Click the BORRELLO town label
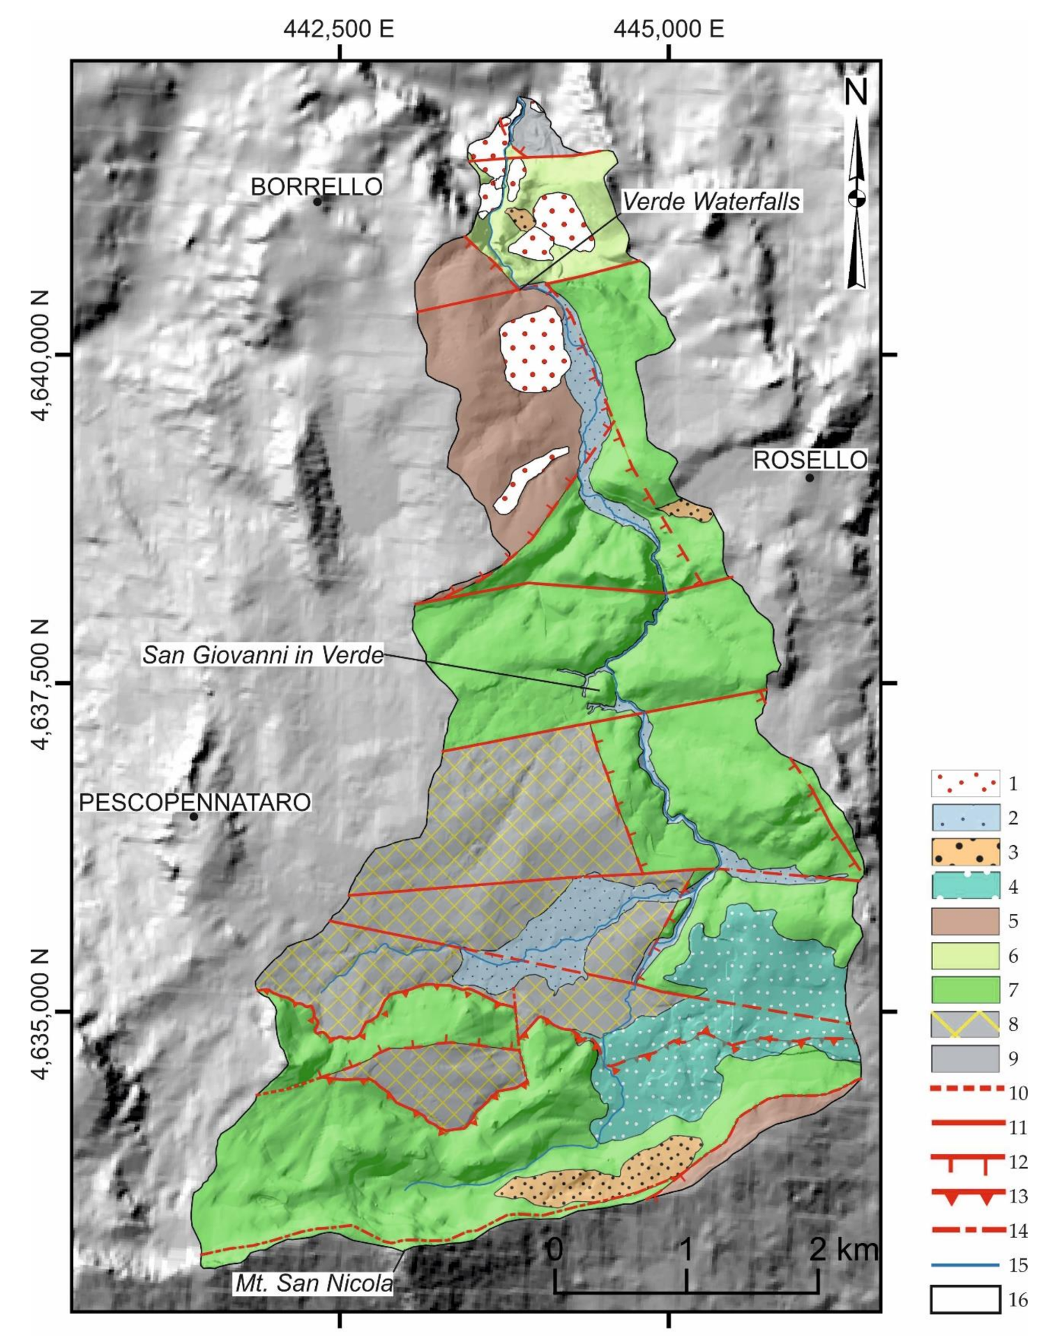tap(316, 186)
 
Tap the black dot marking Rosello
tap(809, 478)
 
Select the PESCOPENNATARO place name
tap(195, 802)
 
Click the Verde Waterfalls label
tap(711, 201)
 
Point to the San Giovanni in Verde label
tap(263, 655)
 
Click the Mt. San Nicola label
tap(314, 1283)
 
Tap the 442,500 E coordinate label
tap(339, 29)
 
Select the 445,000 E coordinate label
tap(669, 29)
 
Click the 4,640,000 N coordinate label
tap(42, 356)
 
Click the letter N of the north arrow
tap(856, 91)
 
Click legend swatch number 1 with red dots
tap(965, 783)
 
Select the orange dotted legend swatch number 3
tap(965, 852)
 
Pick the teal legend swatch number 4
tap(965, 886)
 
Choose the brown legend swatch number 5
tap(965, 921)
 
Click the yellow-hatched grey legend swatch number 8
tap(965, 1023)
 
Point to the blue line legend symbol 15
tap(965, 1264)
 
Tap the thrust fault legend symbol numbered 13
tap(965, 1196)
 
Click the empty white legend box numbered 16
tap(965, 1299)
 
